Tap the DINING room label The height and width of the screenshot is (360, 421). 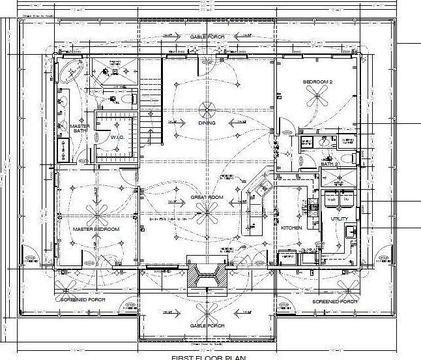(207, 122)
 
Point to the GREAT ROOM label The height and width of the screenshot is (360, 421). (207, 196)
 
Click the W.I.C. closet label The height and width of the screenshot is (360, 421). (117, 137)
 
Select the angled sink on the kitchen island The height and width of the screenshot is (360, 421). (265, 187)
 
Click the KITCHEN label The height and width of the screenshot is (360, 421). (291, 228)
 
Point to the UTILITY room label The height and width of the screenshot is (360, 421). (340, 218)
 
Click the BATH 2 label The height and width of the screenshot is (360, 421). (328, 164)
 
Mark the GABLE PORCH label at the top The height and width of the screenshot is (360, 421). (207, 37)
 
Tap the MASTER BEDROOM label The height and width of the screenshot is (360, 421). (96, 230)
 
